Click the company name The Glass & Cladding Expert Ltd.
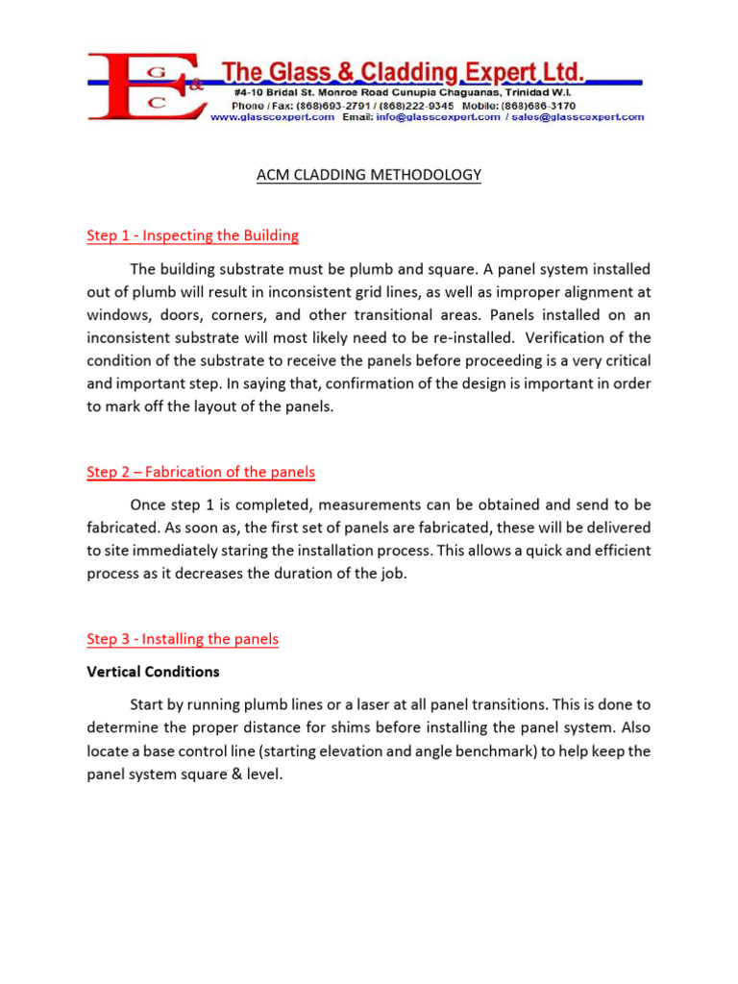pos(403,70)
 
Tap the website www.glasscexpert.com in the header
pos(272,116)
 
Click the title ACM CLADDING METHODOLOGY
pos(369,175)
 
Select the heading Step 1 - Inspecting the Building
pos(192,235)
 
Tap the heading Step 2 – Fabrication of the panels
pos(201,472)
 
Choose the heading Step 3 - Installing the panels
pos(183,639)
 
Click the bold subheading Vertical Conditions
pos(153,671)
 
